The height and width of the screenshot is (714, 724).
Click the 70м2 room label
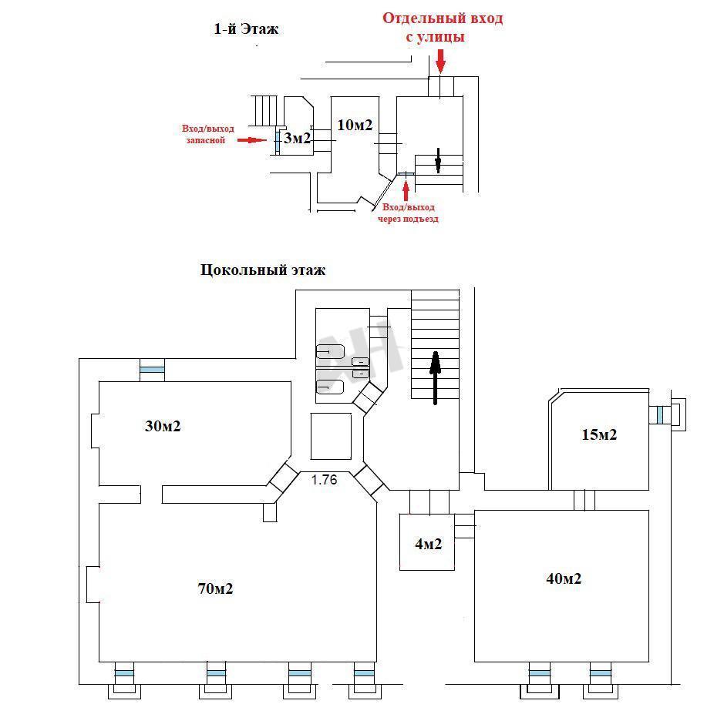point(215,589)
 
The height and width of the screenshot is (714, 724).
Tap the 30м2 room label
point(163,426)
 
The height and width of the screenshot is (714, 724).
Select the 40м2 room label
point(562,578)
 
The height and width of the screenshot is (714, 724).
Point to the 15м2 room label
point(599,434)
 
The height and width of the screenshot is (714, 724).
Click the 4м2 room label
point(428,545)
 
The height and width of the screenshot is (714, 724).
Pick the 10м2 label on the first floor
point(355,125)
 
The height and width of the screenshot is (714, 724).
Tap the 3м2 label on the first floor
point(297,139)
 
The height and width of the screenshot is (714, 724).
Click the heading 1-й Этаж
point(245,29)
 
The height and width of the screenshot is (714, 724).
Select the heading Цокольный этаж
point(263,270)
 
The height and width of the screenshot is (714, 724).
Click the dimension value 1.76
point(324,480)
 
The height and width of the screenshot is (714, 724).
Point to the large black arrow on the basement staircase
point(435,377)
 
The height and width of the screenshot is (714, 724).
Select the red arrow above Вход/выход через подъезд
point(406,189)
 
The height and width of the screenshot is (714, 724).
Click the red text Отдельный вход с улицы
point(443,27)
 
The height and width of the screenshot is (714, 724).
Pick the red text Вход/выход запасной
point(207,135)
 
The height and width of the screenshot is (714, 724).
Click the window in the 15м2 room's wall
point(661,414)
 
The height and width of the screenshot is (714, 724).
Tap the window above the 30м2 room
point(152,371)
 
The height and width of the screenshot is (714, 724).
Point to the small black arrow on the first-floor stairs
point(437,159)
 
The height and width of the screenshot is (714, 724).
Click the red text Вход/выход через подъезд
point(408,213)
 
